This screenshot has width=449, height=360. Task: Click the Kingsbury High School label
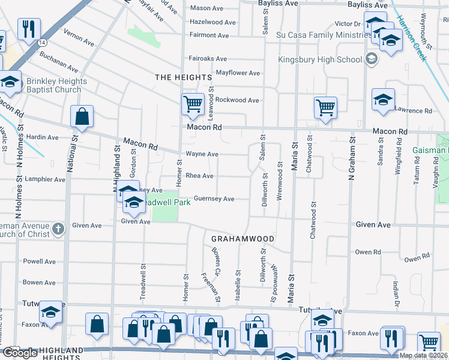point(320,59)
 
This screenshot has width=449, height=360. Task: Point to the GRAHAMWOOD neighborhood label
point(243,239)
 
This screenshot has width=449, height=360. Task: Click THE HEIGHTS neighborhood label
point(183,77)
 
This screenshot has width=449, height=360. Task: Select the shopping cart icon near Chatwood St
point(325,108)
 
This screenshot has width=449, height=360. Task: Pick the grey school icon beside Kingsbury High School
point(371,59)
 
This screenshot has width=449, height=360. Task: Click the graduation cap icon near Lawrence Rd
point(383,100)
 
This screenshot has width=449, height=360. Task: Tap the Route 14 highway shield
point(41,43)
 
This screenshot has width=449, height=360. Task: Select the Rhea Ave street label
point(200,176)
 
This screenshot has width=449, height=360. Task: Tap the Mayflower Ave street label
point(238,73)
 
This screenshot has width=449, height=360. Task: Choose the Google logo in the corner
point(20,353)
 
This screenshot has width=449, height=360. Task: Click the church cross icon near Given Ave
point(58,229)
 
